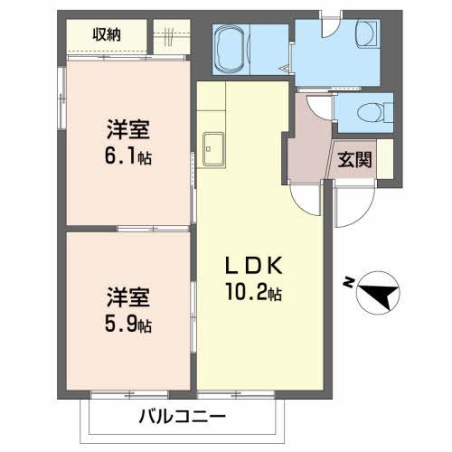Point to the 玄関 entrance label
click(x=353, y=162)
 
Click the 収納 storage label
click(x=108, y=35)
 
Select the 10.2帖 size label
click(x=256, y=293)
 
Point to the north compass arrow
click(x=381, y=293)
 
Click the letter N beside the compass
click(x=349, y=282)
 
